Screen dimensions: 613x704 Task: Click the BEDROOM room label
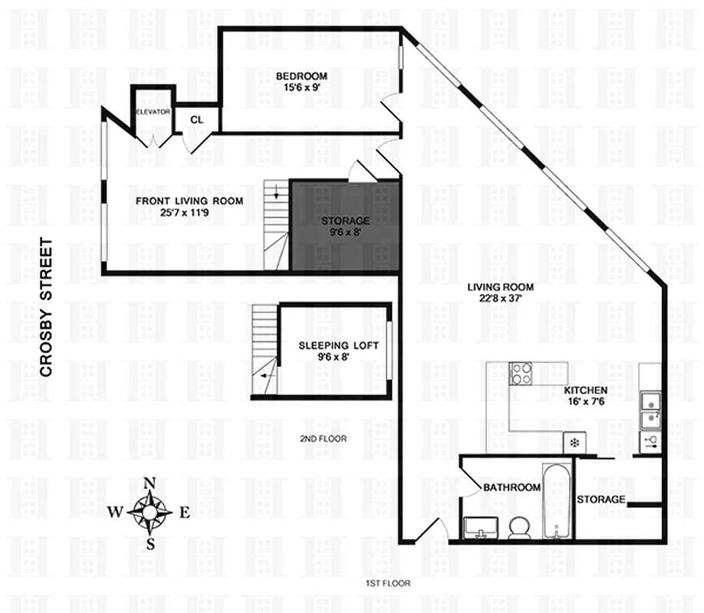click(x=301, y=76)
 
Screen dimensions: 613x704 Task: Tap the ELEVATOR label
click(x=153, y=112)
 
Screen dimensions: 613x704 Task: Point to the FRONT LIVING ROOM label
click(x=189, y=202)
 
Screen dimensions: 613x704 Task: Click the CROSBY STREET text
click(x=46, y=307)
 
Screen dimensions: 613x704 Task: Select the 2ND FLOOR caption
click(x=323, y=439)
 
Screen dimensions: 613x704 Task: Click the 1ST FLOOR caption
click(x=388, y=583)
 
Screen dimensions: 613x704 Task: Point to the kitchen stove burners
click(x=522, y=373)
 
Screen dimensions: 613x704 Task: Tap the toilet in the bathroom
click(x=519, y=526)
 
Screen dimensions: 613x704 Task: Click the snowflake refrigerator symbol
click(x=573, y=442)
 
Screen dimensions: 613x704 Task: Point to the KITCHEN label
click(x=586, y=390)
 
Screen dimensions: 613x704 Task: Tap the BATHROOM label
click(x=512, y=487)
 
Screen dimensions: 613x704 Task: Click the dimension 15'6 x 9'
click(x=301, y=88)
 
